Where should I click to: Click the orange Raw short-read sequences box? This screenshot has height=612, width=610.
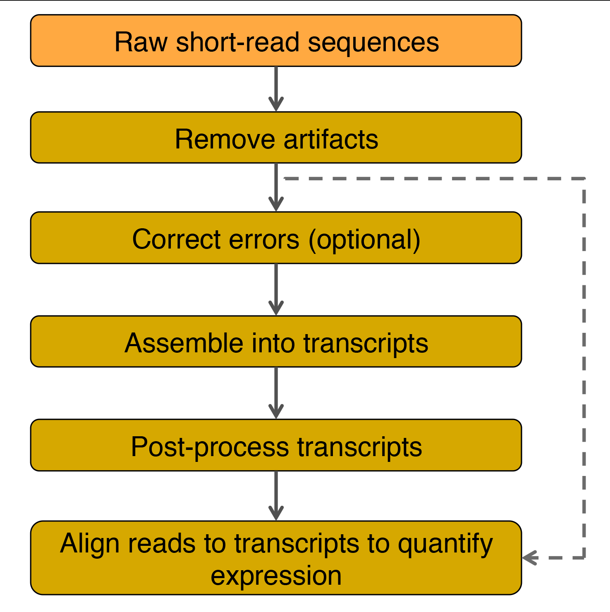coord(276,41)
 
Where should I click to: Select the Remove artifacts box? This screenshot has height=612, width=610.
coord(276,137)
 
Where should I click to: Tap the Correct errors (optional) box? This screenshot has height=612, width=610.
coord(276,238)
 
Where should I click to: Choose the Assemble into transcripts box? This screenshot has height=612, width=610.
coord(276,342)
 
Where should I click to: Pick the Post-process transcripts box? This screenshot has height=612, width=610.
coord(276,445)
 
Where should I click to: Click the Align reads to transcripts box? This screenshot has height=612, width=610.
coord(276,558)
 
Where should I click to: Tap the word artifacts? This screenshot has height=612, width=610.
coord(331,139)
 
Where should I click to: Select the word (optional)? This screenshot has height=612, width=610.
coord(364,240)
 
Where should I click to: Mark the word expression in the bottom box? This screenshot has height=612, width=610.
coord(276,576)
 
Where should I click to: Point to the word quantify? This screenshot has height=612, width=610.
coord(445,544)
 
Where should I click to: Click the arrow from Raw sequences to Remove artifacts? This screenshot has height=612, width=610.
coord(276,89)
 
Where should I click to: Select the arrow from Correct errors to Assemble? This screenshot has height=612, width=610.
coord(276,289)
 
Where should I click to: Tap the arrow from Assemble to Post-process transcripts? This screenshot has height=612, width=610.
coord(276,393)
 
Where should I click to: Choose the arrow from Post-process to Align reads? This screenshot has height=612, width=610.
coord(276,496)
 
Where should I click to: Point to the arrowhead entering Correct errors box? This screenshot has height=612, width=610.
coord(276,205)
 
